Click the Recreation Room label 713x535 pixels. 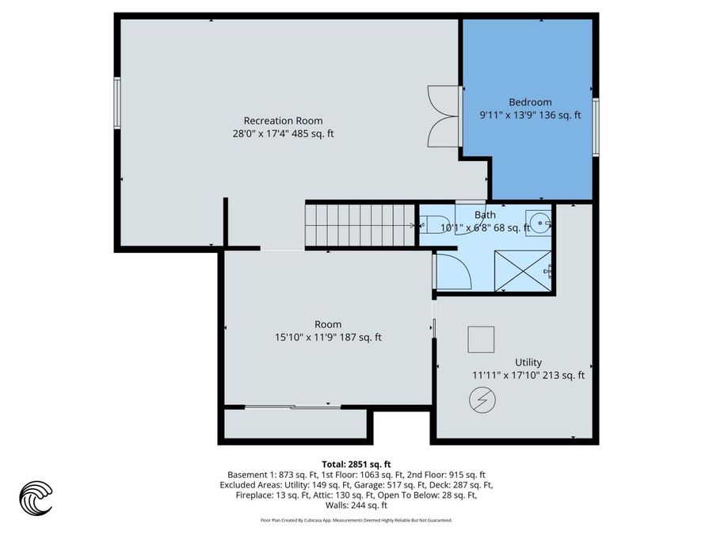pos(283,120)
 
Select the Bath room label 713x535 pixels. pos(485,215)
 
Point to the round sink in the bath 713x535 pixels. pos(540,221)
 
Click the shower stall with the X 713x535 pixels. pos(522,271)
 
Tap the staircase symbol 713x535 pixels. pos(360,225)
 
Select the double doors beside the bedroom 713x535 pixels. pos(442,116)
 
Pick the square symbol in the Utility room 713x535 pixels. pos(481,339)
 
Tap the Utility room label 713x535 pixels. pos(528,362)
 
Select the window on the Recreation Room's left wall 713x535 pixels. pos(117,101)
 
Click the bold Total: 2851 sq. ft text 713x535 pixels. pos(356,464)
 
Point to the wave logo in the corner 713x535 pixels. pos(36,498)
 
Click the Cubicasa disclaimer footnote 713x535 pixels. pos(356,521)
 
